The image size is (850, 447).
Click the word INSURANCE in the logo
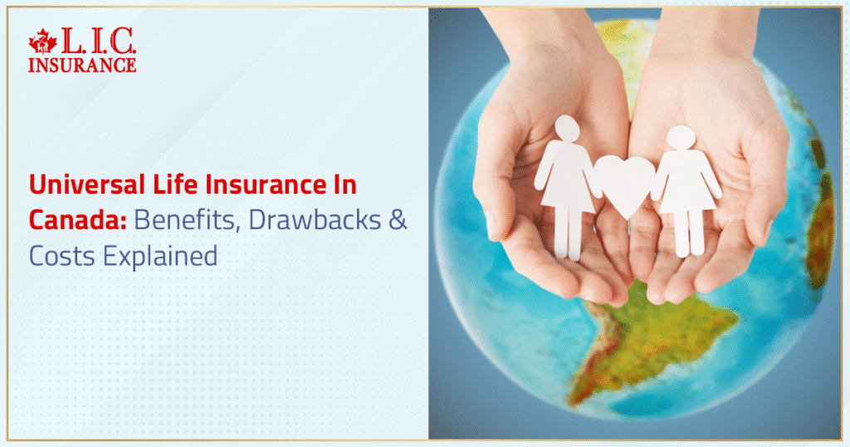coord(81,64)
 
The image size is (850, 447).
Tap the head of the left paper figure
coord(567,128)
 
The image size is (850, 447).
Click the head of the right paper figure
coord(681,138)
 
